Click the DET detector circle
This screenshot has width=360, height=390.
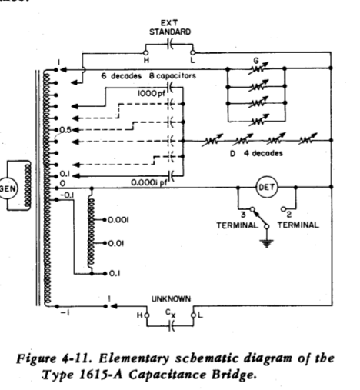pos(267,187)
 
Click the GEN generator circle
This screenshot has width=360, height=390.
pos(7,188)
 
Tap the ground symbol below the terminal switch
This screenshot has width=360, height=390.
pos(267,243)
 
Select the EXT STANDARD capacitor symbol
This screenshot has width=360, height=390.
pos(170,45)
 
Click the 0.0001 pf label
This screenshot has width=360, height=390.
pos(149,182)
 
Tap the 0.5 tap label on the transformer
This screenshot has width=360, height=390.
pos(65,130)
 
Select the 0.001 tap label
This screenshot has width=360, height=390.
pos(118,220)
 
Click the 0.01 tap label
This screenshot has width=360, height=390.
pos(116,243)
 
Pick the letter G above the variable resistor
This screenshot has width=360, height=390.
pos(256,61)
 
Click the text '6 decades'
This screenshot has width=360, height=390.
pos(122,76)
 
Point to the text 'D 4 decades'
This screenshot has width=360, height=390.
pos(256,153)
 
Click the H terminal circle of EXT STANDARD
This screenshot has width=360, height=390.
pos(146,53)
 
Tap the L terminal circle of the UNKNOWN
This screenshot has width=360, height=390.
pos(193,315)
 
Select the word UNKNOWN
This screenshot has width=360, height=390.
pos(171,299)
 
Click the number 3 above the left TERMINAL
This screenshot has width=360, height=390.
pos(243,215)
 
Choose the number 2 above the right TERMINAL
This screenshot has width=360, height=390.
pos(289,215)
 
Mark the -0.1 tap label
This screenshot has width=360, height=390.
pos(67,195)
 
